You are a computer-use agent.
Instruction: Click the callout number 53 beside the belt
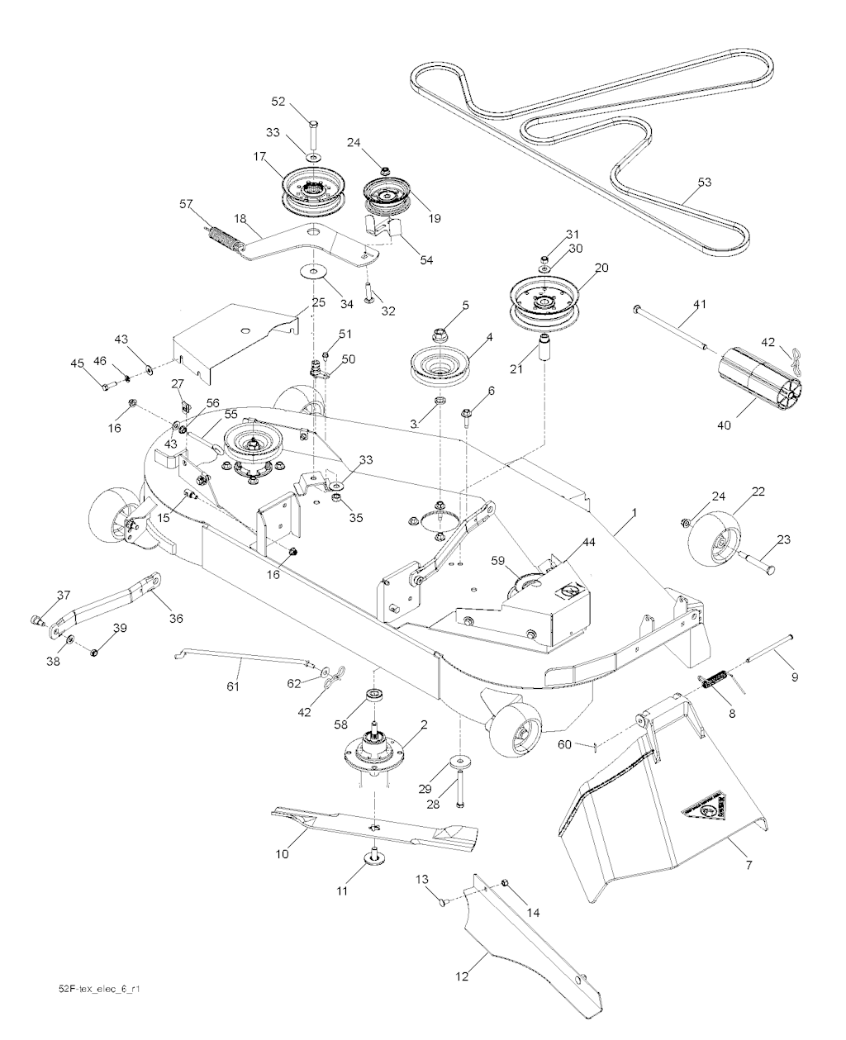coord(704,183)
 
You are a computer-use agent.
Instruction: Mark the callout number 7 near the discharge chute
coord(749,864)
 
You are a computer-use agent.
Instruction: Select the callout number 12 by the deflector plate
coord(462,976)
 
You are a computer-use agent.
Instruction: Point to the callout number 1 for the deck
coord(634,513)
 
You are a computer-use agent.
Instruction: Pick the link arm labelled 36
coord(107,605)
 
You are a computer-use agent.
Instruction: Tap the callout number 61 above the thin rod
coord(232,685)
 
